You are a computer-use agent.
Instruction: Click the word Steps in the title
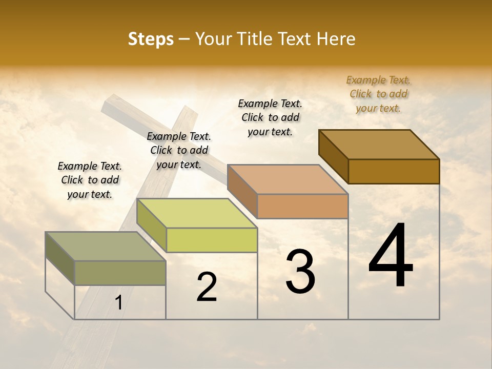pos(151,39)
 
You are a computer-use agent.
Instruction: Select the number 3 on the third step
pos(300,272)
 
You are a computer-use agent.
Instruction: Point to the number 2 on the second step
pos(207,287)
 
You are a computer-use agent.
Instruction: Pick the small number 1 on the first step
pos(118,303)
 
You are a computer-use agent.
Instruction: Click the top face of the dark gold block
pos(379,144)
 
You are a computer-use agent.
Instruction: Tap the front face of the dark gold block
pos(394,171)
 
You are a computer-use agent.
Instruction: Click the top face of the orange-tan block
pos(288,179)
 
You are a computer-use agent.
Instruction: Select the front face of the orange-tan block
pos(302,206)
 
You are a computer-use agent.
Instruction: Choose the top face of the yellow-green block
pos(197,213)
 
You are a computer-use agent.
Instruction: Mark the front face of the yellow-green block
pos(212,240)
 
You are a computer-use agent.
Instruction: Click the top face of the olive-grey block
pos(106,247)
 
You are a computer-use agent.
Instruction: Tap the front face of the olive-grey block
pos(120,273)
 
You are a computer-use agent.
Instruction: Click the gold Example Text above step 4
pos(378,94)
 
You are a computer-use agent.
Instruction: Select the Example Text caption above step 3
pos(270,117)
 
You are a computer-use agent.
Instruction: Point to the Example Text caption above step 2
pos(179,150)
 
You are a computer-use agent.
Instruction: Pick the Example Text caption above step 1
pos(90,180)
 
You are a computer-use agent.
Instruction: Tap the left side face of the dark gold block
pos(333,156)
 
